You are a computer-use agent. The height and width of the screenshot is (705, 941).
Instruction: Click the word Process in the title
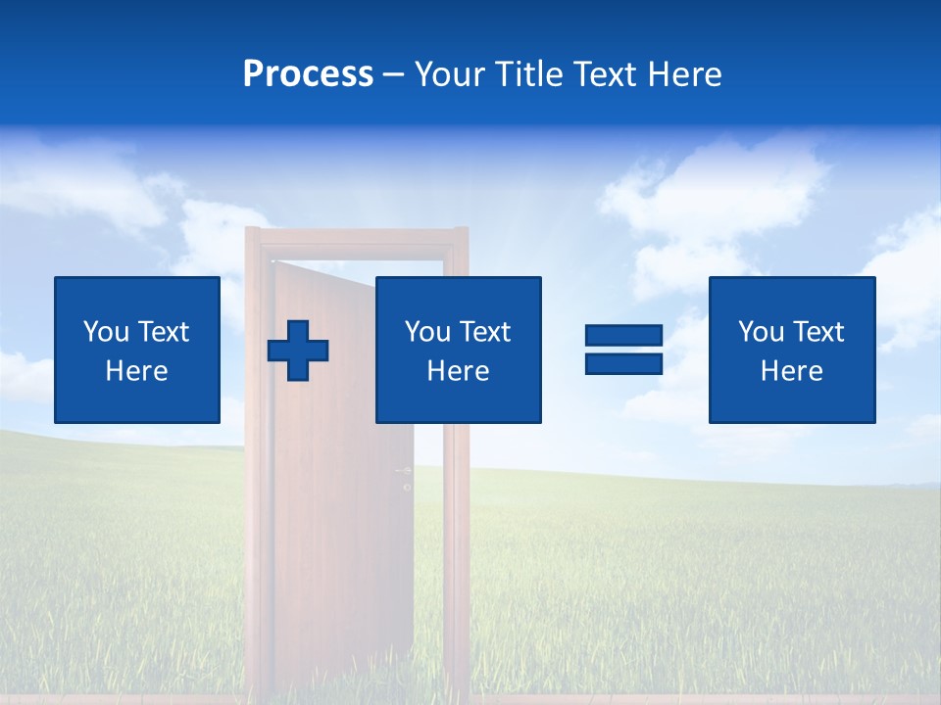[308, 74]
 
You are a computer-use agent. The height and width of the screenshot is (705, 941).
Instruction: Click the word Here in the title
[683, 74]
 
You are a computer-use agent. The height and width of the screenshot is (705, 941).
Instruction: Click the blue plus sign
[298, 350]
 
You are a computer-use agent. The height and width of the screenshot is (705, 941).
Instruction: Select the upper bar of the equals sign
[623, 336]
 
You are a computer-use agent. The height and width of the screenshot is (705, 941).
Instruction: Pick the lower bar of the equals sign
[623, 363]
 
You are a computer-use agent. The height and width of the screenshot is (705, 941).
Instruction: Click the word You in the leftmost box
[105, 332]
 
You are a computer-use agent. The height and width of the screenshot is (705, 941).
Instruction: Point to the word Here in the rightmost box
[791, 371]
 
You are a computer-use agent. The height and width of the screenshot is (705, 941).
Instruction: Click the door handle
[404, 472]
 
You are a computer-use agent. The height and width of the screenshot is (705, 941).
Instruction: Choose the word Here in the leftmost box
[136, 371]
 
